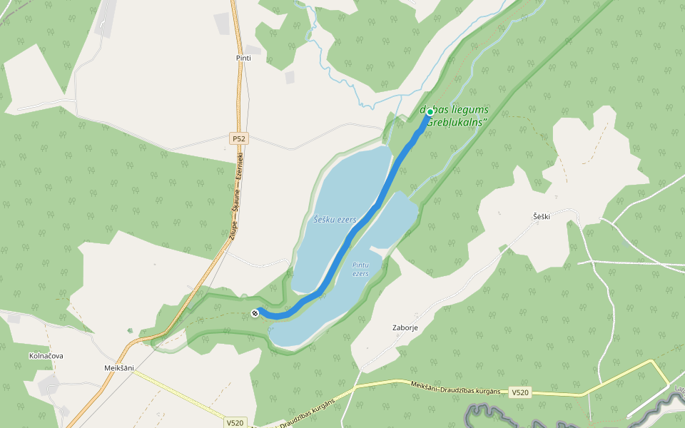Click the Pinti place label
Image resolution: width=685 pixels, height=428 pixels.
[x=243, y=58]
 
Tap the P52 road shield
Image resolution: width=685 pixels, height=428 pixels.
[x=238, y=138]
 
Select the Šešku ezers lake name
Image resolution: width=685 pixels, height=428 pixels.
[x=335, y=220]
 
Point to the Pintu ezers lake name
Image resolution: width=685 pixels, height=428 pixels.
[x=360, y=269]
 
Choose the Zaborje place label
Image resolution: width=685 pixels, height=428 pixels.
[x=405, y=328]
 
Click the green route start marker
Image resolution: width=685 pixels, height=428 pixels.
[x=430, y=112]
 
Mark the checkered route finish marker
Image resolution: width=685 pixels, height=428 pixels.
[x=255, y=312]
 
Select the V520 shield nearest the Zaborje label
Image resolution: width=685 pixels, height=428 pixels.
[x=520, y=392]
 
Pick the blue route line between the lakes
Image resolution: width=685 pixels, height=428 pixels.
[x=357, y=231]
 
